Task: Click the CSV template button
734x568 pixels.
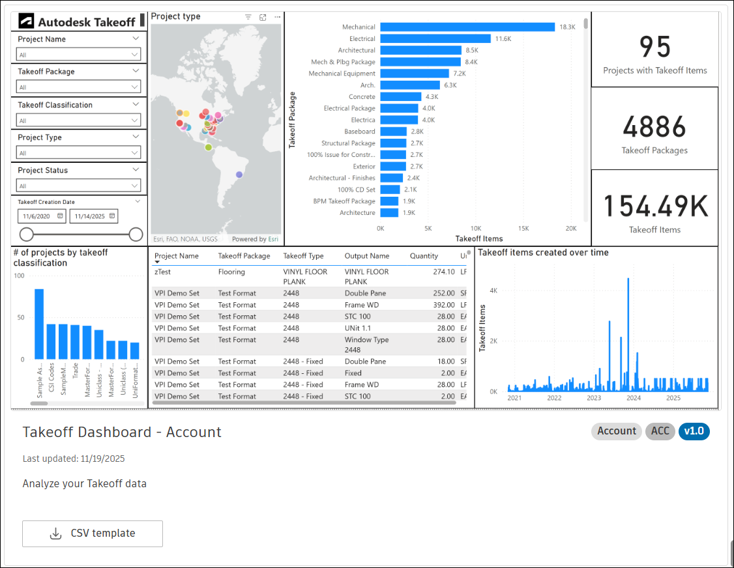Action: (93, 533)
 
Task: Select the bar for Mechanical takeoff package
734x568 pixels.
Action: (467, 27)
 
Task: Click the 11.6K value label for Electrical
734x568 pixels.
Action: (503, 39)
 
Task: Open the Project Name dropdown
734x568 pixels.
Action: (79, 55)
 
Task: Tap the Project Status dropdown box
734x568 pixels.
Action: (79, 186)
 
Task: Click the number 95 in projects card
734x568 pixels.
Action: (654, 48)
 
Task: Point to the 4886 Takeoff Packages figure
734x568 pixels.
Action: (654, 127)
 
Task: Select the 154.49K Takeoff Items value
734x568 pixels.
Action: (654, 206)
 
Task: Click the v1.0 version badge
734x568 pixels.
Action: (694, 431)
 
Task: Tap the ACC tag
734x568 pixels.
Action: (660, 431)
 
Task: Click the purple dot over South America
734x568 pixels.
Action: (240, 175)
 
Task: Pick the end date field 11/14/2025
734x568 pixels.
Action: (95, 216)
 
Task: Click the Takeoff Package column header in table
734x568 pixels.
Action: (244, 256)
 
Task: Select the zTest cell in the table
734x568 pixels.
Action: (163, 272)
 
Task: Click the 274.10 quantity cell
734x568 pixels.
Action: (443, 272)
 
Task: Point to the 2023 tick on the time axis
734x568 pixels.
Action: (594, 398)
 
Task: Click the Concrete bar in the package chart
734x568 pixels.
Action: (400, 97)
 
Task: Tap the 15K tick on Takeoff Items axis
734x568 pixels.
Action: (523, 229)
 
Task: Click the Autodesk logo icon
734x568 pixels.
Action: (26, 21)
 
